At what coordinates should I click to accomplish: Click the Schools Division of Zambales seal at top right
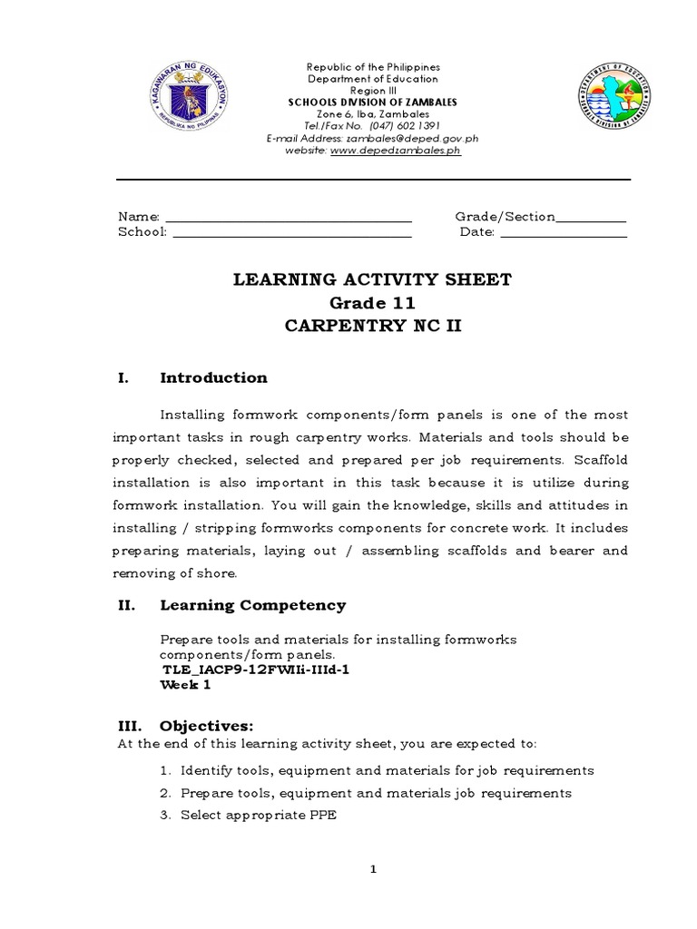coord(615,103)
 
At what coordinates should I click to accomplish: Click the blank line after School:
coord(291,233)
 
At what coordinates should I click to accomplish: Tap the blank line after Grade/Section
coord(591,218)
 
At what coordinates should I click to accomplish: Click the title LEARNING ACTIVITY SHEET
coord(372,279)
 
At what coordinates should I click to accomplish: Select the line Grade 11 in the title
coord(372,303)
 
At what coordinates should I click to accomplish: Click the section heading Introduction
coord(213,378)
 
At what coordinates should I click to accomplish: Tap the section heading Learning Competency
coord(252,605)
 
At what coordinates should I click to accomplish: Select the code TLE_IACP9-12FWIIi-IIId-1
coord(255,670)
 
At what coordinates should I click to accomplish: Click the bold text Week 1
coord(185,685)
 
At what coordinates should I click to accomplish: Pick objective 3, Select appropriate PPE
coord(258,815)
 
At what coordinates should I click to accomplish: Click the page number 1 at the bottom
coord(372,870)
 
